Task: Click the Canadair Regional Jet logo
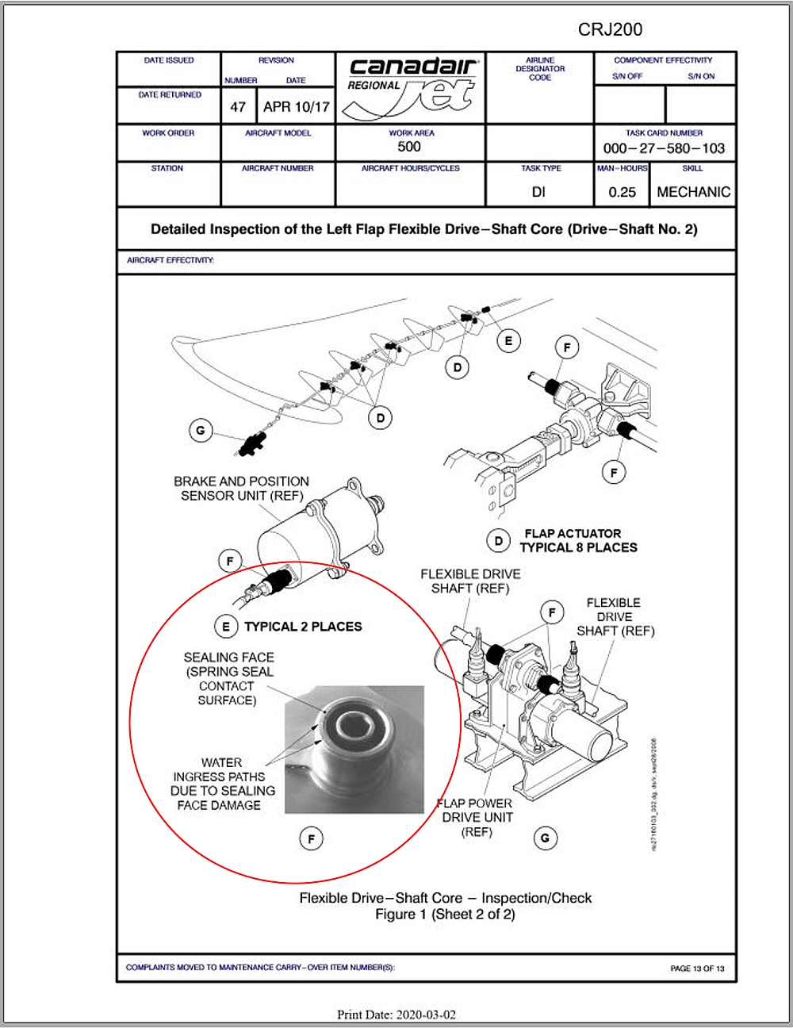(411, 87)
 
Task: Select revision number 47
(238, 106)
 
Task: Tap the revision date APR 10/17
(296, 106)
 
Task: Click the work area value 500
(409, 147)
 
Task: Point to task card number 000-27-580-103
(664, 148)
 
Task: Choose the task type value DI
(539, 192)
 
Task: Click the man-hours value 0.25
(623, 192)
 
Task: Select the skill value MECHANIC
(693, 192)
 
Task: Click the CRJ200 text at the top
(610, 29)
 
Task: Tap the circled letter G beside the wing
(201, 431)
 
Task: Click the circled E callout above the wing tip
(508, 341)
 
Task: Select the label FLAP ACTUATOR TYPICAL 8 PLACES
(578, 540)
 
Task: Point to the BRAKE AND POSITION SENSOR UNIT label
(241, 488)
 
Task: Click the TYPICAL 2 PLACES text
(303, 627)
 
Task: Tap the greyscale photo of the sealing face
(354, 750)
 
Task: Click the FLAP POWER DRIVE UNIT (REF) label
(477, 817)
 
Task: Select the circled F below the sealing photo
(312, 838)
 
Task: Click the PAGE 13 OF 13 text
(697, 969)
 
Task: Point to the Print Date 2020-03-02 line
(396, 1015)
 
